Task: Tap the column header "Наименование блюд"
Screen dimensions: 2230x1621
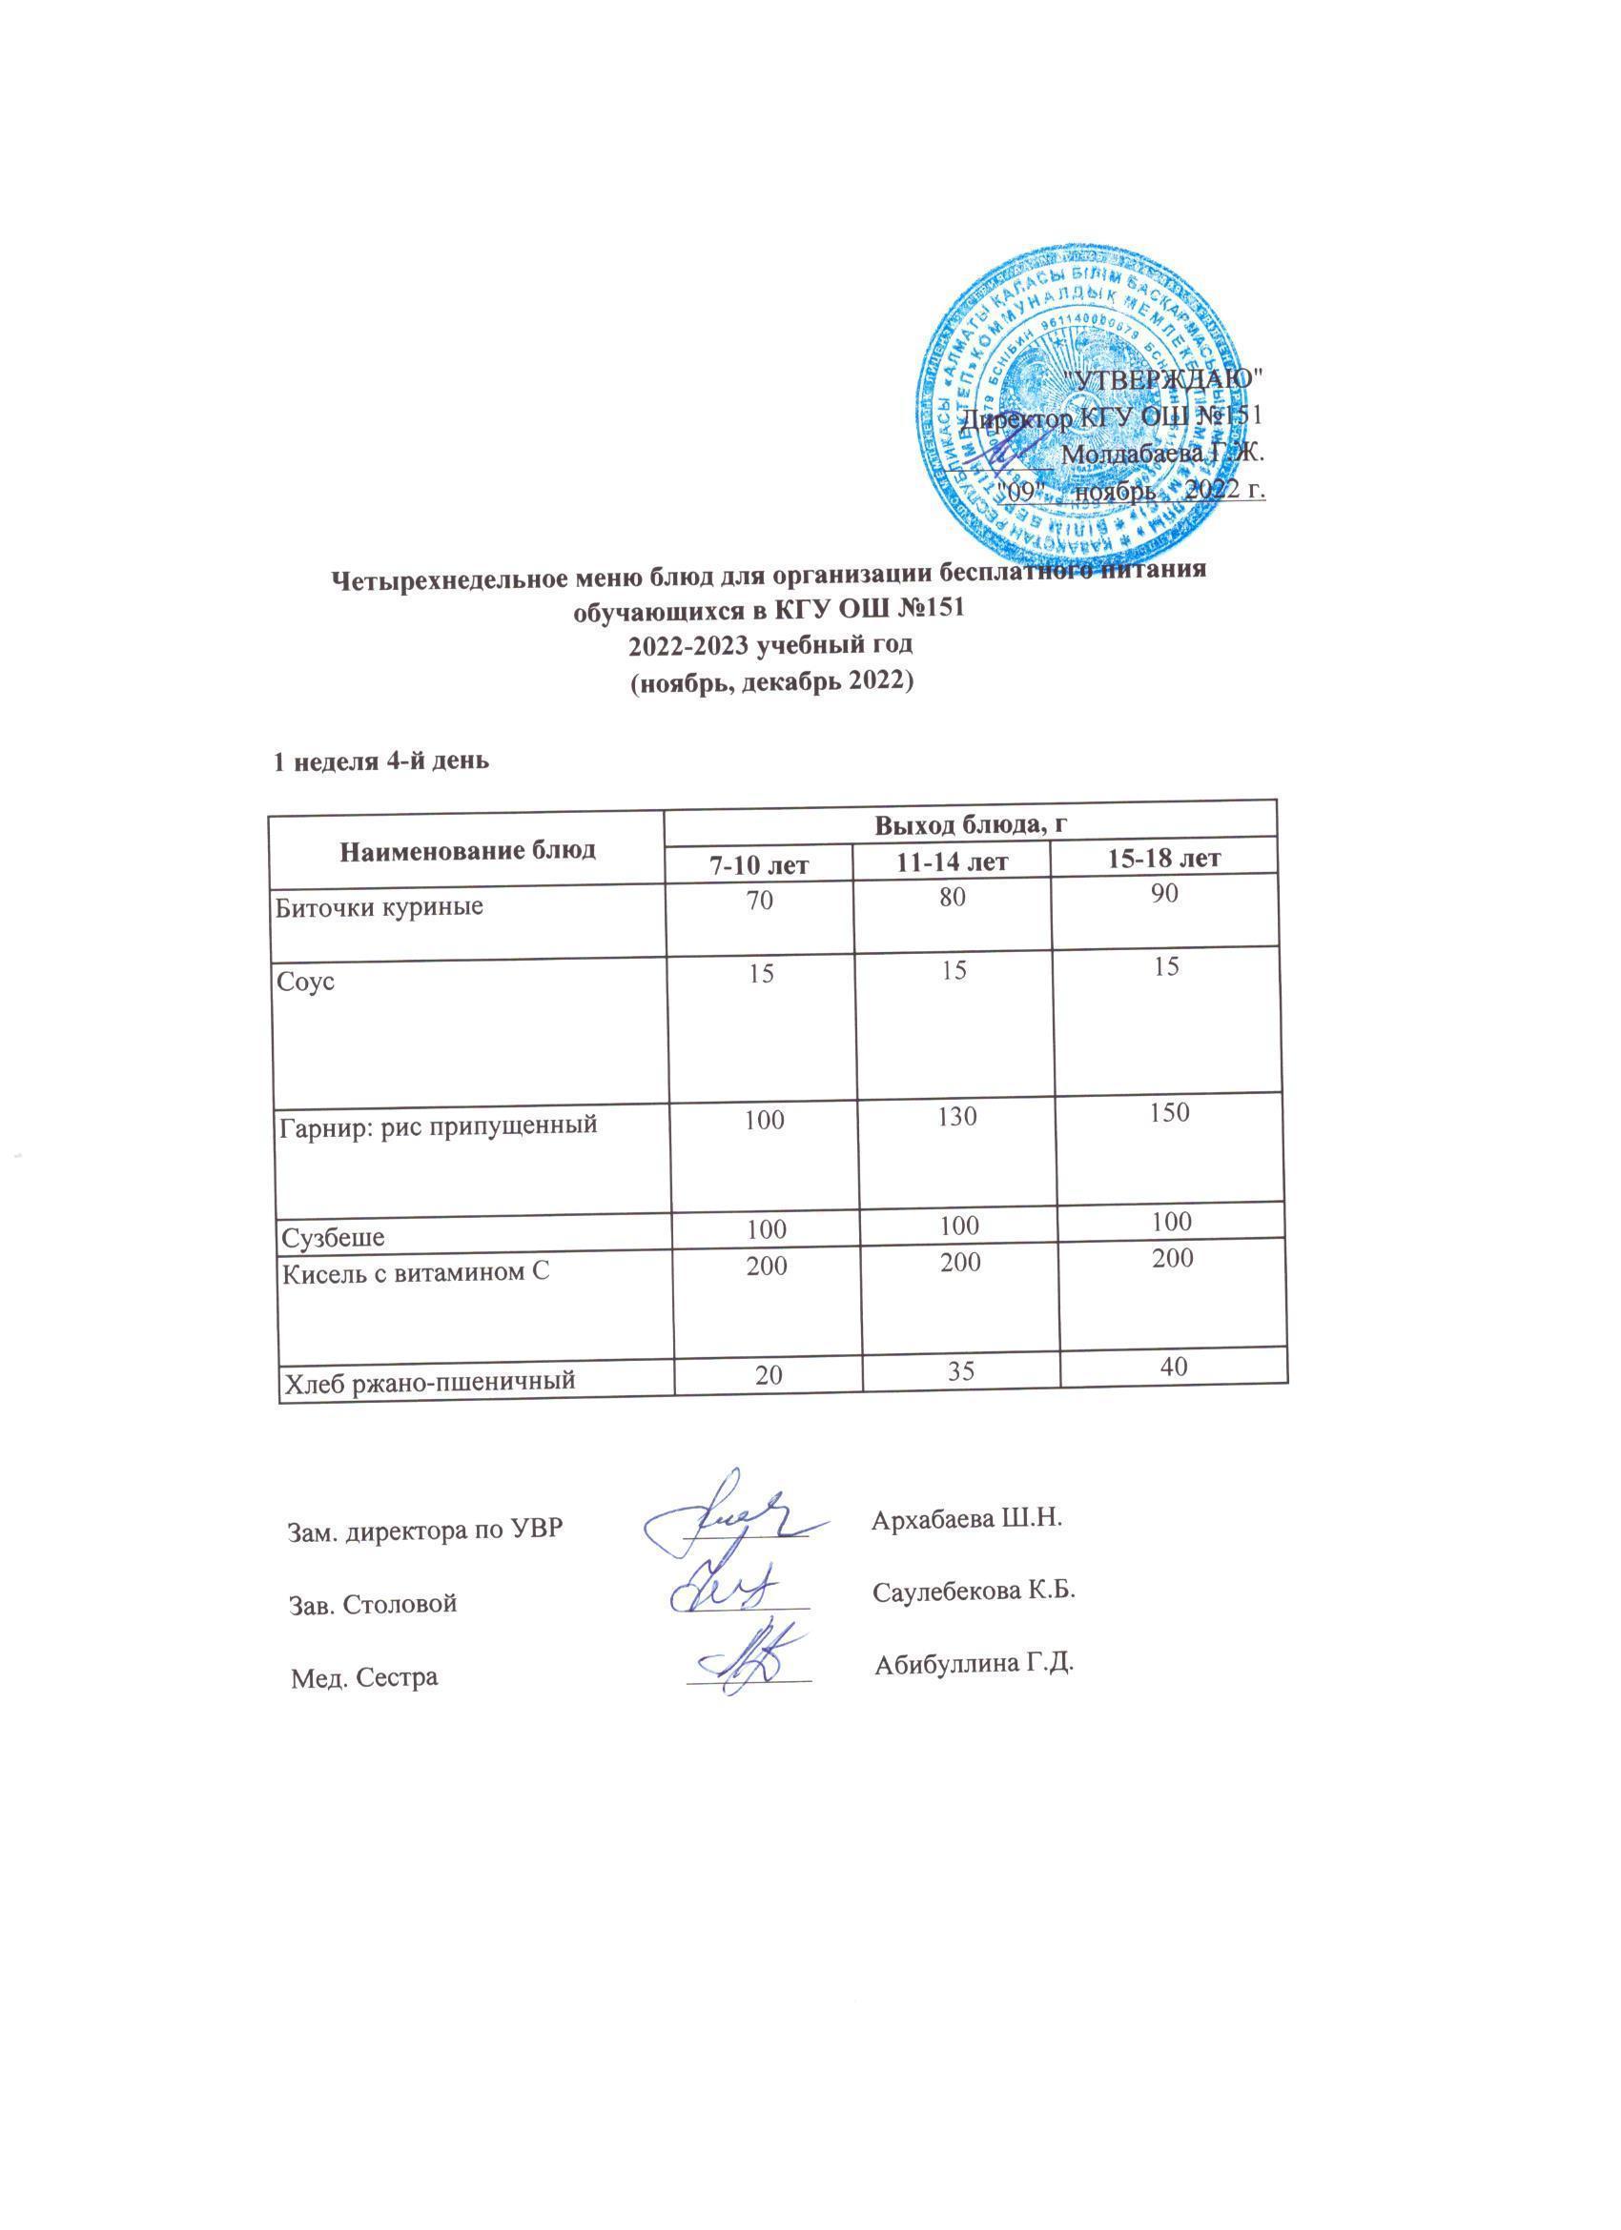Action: [467, 849]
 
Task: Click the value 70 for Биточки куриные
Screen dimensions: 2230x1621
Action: [760, 899]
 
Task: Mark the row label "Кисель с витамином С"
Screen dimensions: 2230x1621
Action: [414, 1273]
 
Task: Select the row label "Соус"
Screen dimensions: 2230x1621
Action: [307, 982]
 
